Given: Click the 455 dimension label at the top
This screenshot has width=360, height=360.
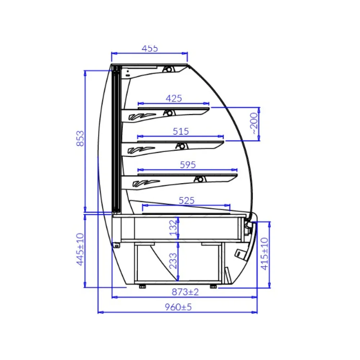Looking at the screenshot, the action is pyautogui.click(x=150, y=49).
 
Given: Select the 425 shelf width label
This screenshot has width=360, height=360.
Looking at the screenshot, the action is pyautogui.click(x=174, y=98).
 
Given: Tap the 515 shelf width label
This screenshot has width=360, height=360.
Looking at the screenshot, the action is pyautogui.click(x=181, y=131).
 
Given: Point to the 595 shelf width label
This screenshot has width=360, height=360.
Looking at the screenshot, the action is pyautogui.click(x=188, y=165).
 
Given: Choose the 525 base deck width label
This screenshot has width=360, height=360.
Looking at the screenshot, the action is pyautogui.click(x=186, y=201).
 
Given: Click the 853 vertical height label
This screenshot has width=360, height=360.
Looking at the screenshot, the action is pyautogui.click(x=80, y=139).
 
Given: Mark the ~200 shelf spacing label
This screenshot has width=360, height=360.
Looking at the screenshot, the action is pyautogui.click(x=254, y=123).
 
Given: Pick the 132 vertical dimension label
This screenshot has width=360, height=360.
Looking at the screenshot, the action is pyautogui.click(x=174, y=228).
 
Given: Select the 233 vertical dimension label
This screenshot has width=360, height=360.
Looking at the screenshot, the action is pyautogui.click(x=173, y=261).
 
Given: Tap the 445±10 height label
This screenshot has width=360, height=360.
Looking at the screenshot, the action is pyautogui.click(x=80, y=249).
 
